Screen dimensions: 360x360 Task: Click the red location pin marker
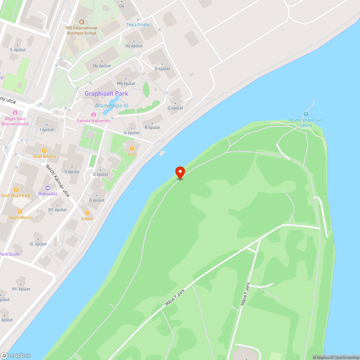tap(180, 172)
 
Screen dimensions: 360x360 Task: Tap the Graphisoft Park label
tap(106, 94)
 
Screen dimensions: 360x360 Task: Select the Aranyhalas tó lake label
tap(112, 105)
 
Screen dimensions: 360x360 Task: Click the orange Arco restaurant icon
tap(132, 148)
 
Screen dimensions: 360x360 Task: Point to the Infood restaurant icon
tap(87, 212)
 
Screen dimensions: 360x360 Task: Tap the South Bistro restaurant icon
tap(20, 211)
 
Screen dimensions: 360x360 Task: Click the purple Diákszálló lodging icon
tap(47, 188)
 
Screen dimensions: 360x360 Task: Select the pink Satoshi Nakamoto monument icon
tap(94, 115)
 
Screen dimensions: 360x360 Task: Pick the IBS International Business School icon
tap(81, 22)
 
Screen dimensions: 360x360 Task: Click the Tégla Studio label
tap(138, 24)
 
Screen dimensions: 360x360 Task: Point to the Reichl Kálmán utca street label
tap(58, 181)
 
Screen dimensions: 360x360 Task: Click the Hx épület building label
tap(102, 66)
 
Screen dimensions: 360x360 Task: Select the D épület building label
tap(162, 68)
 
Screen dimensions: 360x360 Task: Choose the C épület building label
tap(175, 108)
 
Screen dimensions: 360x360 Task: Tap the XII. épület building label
tap(57, 210)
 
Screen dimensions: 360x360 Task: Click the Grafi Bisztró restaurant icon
tap(44, 150)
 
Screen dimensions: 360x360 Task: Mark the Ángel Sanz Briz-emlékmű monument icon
tap(15, 113)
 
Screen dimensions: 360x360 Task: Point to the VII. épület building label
tap(21, 289)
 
